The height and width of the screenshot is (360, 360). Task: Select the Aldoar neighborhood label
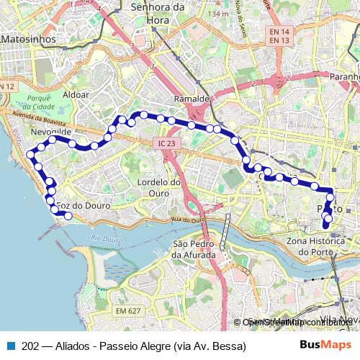pyautogui.click(x=76, y=94)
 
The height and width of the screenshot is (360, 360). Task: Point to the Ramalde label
pyautogui.click(x=191, y=99)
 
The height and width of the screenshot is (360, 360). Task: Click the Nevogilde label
pyautogui.click(x=51, y=133)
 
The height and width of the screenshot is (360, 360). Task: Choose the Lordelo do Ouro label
pyautogui.click(x=158, y=187)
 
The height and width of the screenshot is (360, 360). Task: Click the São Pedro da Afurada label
pyautogui.click(x=194, y=249)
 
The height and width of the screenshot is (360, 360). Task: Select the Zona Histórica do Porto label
pyautogui.click(x=318, y=246)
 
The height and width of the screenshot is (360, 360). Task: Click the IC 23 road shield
pyautogui.click(x=165, y=143)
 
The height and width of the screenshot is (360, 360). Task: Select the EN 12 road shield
pyautogui.click(x=7, y=86)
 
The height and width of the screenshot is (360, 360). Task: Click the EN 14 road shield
pyautogui.click(x=279, y=32)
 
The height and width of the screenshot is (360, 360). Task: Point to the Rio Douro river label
pyautogui.click(x=107, y=238)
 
